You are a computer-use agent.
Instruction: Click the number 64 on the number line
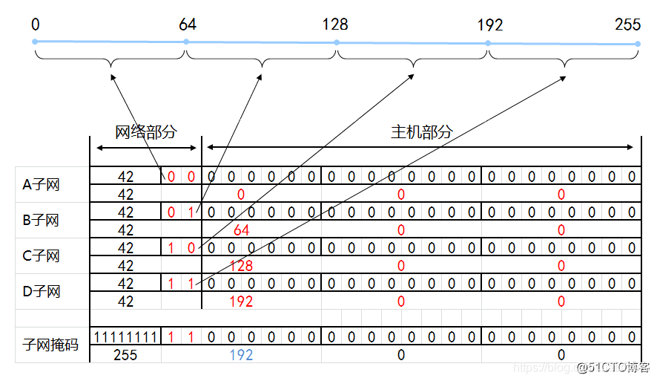(x=188, y=25)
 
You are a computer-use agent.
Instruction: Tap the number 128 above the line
(x=334, y=25)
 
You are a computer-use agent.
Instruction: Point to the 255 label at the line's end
(x=627, y=25)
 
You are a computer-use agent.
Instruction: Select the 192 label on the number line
(x=490, y=25)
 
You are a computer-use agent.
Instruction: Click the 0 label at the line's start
(x=36, y=25)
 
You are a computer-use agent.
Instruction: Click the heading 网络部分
(x=146, y=132)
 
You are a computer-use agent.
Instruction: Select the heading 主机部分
(x=421, y=132)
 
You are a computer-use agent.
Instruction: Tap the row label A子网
(x=42, y=185)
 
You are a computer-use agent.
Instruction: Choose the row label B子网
(x=42, y=221)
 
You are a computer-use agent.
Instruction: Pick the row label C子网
(x=42, y=256)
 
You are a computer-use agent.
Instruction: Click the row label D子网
(x=42, y=292)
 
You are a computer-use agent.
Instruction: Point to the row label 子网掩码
(x=51, y=345)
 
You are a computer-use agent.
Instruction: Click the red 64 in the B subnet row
(x=241, y=230)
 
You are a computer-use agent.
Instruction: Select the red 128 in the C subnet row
(x=241, y=266)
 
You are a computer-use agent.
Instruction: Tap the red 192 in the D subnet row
(x=241, y=302)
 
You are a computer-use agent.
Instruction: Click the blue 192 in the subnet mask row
(x=241, y=355)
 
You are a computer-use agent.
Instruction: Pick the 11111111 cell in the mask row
(x=125, y=337)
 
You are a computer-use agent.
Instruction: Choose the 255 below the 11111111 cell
(x=125, y=355)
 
